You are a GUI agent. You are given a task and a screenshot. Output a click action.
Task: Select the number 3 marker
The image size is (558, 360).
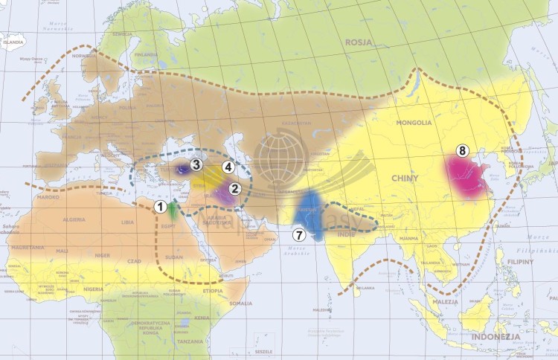coord(196,164)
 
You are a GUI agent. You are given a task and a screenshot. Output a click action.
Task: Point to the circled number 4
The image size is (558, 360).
coord(228,168)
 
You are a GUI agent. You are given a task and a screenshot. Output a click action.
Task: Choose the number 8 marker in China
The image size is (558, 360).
coord(462,151)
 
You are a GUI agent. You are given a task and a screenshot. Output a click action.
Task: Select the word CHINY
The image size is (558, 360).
coord(404,178)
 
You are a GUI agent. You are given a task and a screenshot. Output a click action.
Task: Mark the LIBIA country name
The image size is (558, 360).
coord(128,222)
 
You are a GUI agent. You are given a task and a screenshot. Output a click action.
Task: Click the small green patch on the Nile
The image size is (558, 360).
coord(173,210)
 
